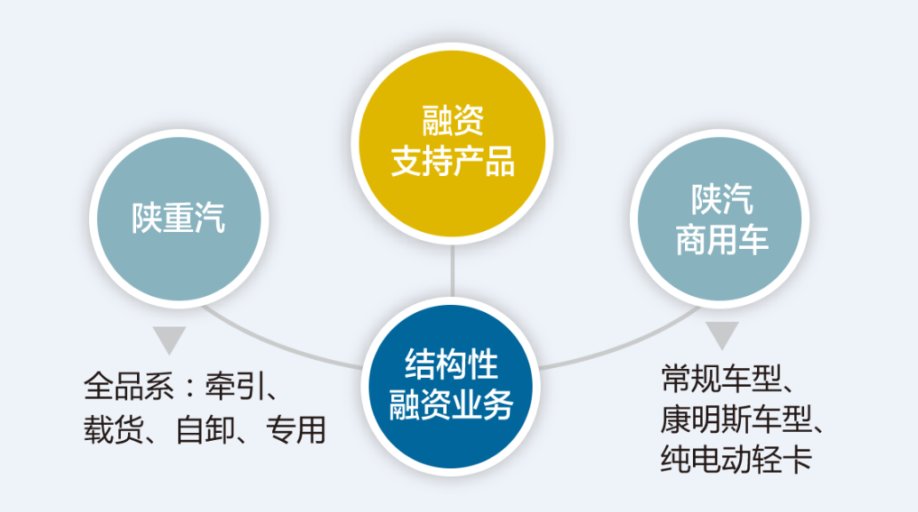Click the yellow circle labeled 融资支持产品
coord(451,143)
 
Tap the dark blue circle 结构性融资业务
coord(451,386)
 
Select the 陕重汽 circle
coord(179,219)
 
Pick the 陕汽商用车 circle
coord(721,219)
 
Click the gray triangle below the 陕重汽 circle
coord(169,338)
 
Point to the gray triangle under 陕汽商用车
coord(722,334)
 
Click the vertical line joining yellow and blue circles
coord(452,271)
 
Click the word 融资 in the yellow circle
coord(453,121)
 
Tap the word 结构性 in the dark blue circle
coord(451,364)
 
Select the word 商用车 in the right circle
coord(722,239)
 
